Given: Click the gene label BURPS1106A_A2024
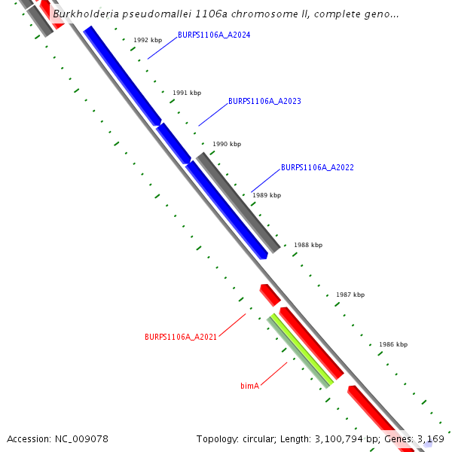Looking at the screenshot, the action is [214, 35].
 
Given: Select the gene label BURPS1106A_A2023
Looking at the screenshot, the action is [264, 101].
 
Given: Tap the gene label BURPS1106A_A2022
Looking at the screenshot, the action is [317, 167].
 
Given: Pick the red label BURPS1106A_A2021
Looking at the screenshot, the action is [181, 337].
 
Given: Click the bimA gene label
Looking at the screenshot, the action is [249, 386].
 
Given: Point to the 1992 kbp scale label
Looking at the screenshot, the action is [148, 40].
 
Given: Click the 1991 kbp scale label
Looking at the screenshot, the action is [187, 93].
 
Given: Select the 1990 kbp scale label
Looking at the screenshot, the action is [227, 144].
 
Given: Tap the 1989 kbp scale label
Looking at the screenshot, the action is [267, 195].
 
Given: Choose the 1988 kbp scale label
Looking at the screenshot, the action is [307, 245].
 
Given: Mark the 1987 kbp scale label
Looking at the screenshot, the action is [350, 295].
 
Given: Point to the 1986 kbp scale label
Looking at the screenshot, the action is [393, 344].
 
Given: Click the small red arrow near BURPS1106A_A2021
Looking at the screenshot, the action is [270, 295].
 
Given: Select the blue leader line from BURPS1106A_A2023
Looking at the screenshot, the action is [212, 115].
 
